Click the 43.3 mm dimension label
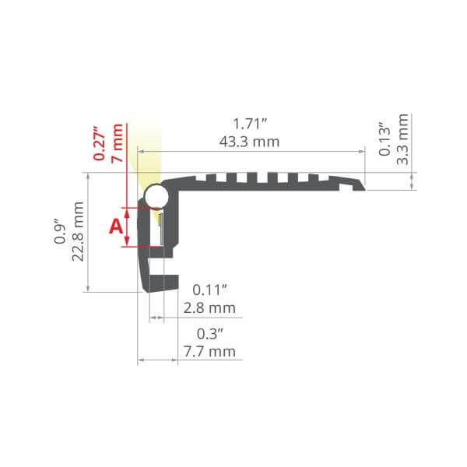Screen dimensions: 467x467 point(249,142)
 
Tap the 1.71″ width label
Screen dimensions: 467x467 point(250,124)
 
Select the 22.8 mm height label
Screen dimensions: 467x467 point(78,231)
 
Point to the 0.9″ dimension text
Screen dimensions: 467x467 point(60,231)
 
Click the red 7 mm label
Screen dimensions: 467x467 point(117,143)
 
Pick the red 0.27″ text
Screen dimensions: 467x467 point(99,143)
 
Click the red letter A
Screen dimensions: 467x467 point(116,226)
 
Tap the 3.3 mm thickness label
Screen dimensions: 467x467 point(402,139)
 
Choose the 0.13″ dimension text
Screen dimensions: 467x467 point(384,139)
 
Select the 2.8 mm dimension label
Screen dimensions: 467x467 point(209,308)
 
